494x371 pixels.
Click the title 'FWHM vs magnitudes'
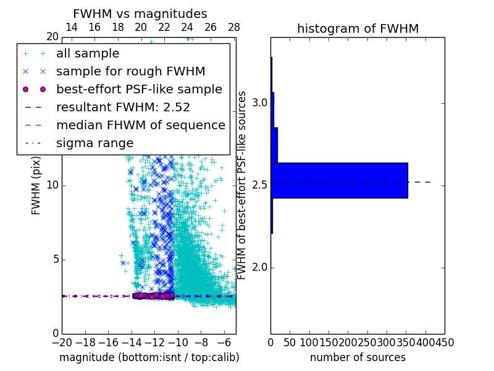pos(140,14)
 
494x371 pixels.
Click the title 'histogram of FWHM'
pos(358,28)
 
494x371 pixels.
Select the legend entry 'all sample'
pos(88,54)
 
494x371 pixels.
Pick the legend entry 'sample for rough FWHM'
pos(130,72)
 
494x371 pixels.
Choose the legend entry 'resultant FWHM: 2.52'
pos(123,108)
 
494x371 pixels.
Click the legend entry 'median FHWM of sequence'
pos(141,126)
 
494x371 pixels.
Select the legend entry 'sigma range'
pos(94,143)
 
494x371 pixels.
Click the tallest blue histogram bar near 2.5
pos(339,181)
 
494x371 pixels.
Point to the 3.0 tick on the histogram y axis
pos(259,103)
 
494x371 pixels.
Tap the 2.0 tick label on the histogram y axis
pos(259,267)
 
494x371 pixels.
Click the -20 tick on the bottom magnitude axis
pos(62,342)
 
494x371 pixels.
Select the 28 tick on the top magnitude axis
pos(234,27)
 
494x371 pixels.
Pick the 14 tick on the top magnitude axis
pos(72,27)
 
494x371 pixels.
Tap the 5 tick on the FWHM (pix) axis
pos(54,259)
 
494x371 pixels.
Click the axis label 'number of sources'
pos(358,357)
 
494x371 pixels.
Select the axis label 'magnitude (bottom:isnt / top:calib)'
pos(149,357)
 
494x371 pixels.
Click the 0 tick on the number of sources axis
pos(270,342)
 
